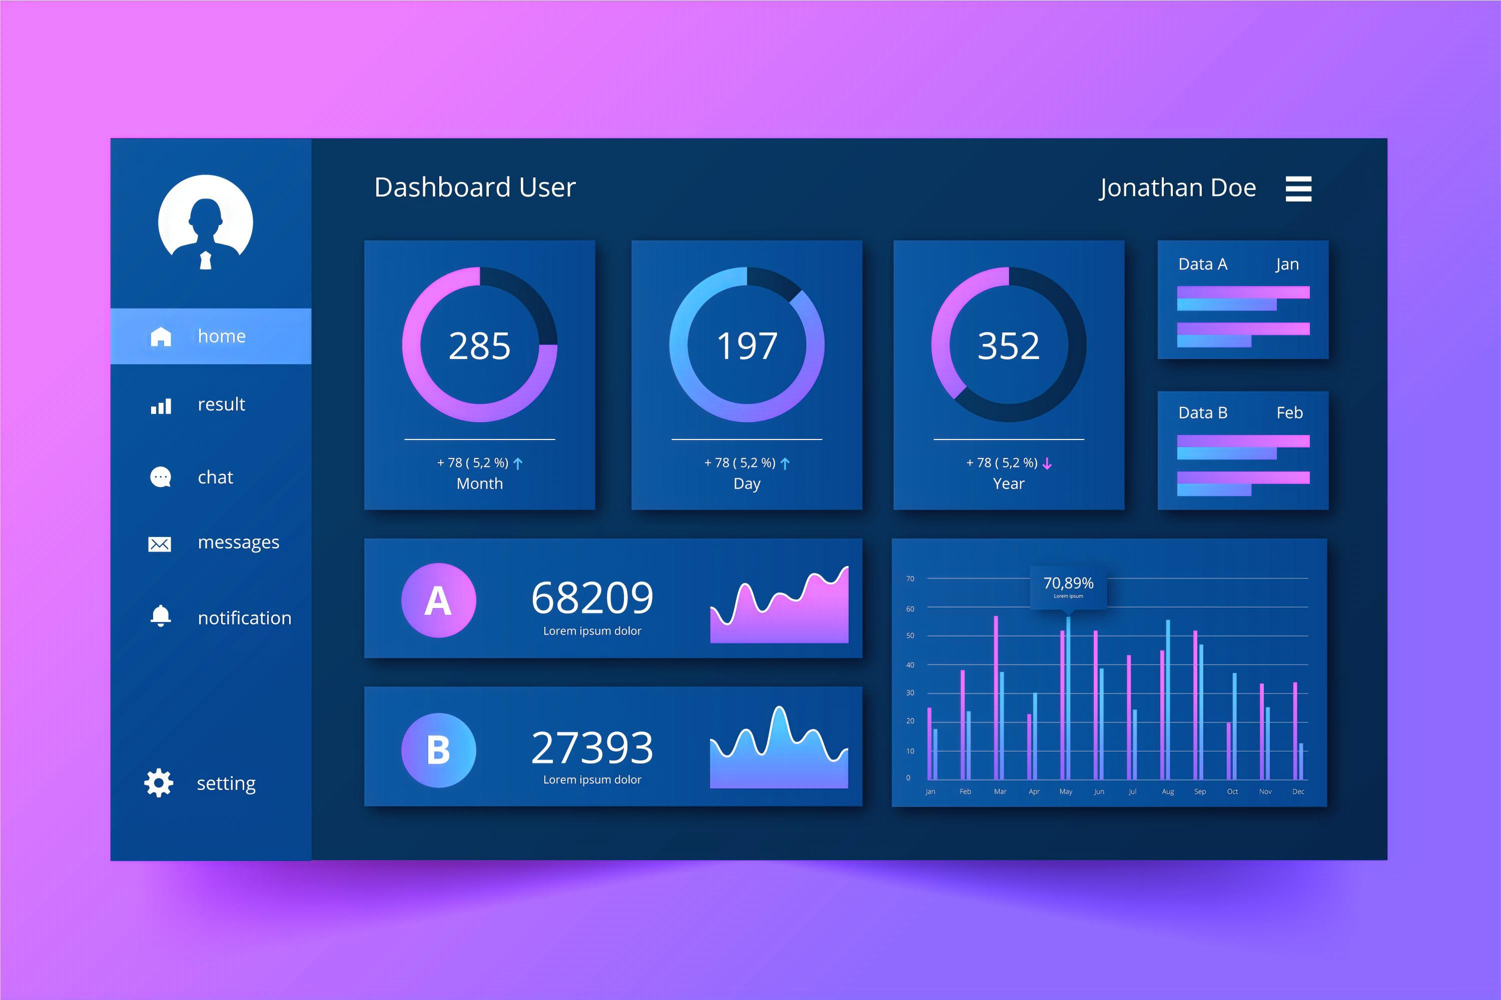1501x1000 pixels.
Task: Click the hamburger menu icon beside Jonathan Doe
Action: (1298, 189)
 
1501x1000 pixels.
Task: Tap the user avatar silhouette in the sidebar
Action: (206, 222)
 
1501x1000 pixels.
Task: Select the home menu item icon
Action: (161, 336)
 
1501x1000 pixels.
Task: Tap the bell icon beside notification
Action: (161, 616)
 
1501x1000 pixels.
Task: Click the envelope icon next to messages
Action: (160, 543)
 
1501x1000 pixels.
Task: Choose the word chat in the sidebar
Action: (215, 477)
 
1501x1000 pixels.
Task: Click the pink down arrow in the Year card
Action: (1047, 463)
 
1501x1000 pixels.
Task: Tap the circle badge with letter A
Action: (438, 600)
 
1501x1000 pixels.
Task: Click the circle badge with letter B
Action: (438, 750)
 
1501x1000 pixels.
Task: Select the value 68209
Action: (592, 597)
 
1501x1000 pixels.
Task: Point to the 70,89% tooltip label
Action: (1068, 583)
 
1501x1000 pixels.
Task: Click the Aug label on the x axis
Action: (1167, 791)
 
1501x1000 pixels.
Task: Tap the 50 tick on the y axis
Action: (910, 636)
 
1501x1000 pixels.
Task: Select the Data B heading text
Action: (1202, 412)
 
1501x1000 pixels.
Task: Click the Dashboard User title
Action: (475, 187)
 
